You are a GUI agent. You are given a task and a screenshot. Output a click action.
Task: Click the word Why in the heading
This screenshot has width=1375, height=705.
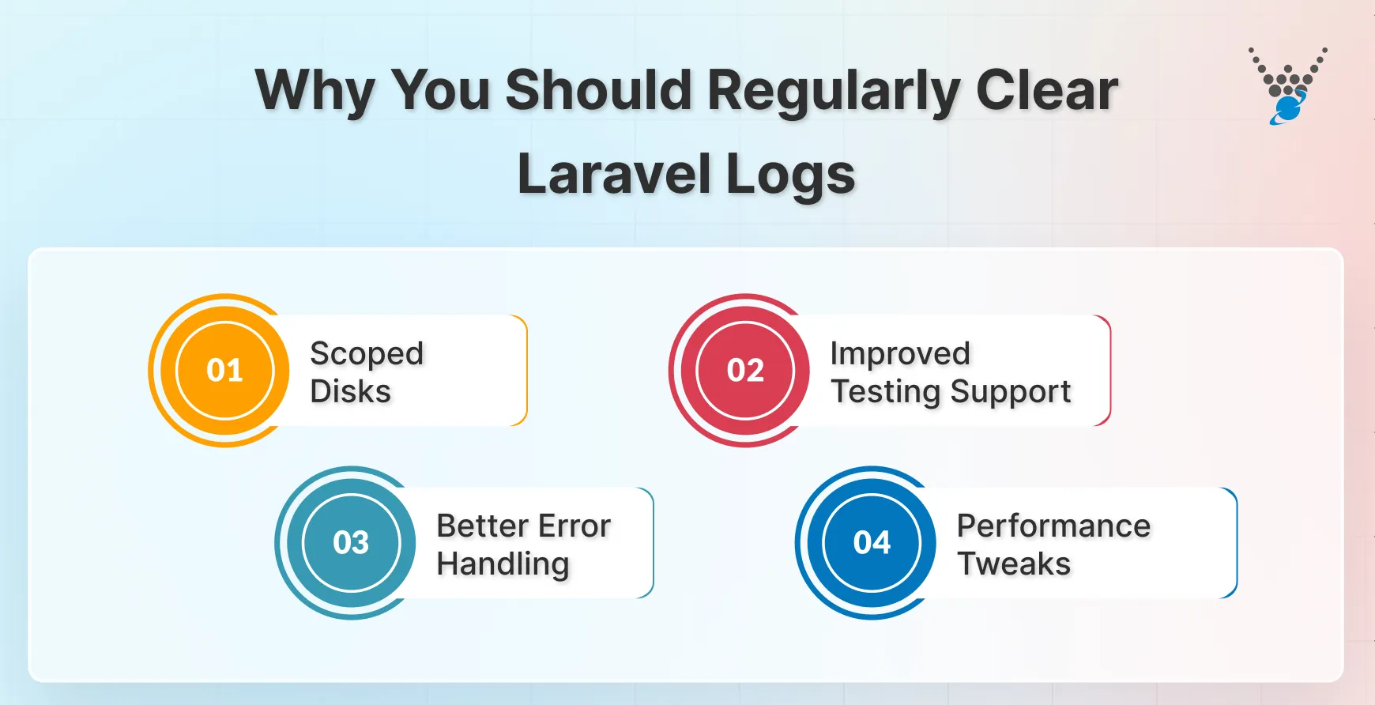coord(314,92)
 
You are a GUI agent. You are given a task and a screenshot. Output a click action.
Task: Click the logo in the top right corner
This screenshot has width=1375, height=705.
coord(1288,86)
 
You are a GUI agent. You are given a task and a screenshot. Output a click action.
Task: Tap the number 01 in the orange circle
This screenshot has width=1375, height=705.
coord(224,370)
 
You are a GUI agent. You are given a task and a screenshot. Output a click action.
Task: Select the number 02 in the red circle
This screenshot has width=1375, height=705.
coord(745,370)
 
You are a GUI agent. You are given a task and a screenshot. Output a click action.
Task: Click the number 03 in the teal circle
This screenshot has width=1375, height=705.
coord(351,542)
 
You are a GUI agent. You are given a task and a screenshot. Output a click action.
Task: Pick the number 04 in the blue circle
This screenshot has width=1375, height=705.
coord(872,542)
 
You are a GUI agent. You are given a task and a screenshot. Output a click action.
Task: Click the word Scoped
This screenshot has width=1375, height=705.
coord(367,354)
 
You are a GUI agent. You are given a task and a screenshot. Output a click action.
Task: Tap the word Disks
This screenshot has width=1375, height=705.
coord(350,391)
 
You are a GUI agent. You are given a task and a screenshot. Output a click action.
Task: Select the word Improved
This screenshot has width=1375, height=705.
coord(900,353)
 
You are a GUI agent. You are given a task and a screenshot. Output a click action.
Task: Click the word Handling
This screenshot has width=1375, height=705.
coord(503,564)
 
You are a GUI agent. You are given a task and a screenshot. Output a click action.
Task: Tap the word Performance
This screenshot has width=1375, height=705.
coord(1053,526)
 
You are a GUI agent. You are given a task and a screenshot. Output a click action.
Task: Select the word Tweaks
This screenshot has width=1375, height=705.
coord(1014,564)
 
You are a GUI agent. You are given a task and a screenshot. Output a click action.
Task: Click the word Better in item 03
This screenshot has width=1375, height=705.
coord(482,526)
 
